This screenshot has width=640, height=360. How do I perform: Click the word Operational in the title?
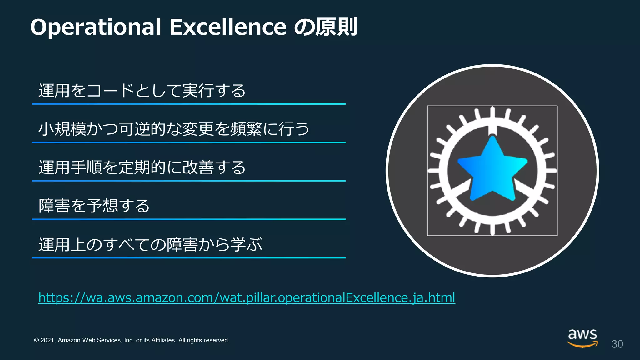(x=95, y=27)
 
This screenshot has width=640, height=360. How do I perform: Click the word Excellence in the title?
(x=228, y=27)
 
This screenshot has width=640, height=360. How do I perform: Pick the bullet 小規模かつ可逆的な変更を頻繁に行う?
(x=174, y=129)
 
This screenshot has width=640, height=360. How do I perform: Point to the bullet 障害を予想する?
(x=94, y=206)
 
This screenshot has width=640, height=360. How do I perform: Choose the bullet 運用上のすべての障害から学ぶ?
(x=150, y=244)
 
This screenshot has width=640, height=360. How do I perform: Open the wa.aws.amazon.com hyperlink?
(x=247, y=297)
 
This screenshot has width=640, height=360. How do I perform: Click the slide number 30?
(x=617, y=344)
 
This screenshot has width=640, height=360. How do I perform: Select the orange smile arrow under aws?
(x=582, y=345)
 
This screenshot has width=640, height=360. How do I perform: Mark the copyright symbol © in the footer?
(x=37, y=340)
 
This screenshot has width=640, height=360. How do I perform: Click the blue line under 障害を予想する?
(x=188, y=219)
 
